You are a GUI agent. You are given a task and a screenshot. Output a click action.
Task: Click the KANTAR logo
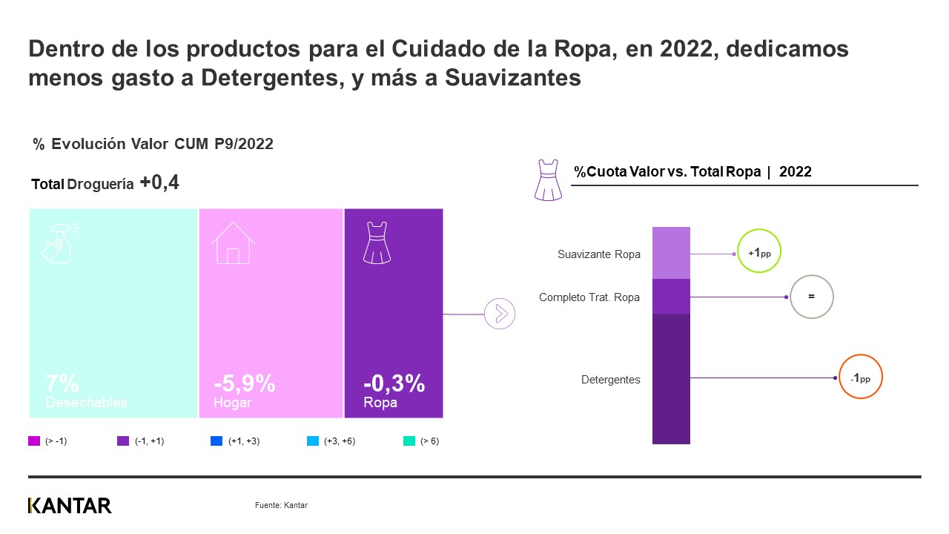pos(70,506)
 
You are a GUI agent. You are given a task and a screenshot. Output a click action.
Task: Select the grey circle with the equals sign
pos(811,297)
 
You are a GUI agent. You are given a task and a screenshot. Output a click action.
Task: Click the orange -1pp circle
pos(860,378)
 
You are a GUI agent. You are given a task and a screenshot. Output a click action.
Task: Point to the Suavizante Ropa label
pos(598,254)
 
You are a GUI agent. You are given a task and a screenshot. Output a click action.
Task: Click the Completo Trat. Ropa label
pos(589,297)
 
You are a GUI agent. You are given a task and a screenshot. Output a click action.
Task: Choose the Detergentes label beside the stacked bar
pos(610,380)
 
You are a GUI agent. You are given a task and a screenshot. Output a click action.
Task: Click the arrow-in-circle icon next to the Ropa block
pos(499,314)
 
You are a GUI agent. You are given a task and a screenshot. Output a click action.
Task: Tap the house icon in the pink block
pos(233,243)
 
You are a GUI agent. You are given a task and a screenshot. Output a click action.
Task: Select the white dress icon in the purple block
pos(376,242)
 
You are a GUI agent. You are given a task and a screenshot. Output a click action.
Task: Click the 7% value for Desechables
pos(62,383)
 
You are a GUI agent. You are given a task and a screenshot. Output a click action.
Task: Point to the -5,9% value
pos(245,383)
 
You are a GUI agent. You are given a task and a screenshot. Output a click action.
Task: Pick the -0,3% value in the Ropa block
pos(394,383)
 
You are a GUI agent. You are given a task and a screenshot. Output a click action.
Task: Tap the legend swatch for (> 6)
pos(409,441)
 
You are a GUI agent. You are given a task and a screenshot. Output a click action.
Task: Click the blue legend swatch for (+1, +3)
pos(216,441)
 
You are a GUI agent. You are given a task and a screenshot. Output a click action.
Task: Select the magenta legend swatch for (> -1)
pos(34,441)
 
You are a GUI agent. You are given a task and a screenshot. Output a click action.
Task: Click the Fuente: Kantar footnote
pos(281,505)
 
